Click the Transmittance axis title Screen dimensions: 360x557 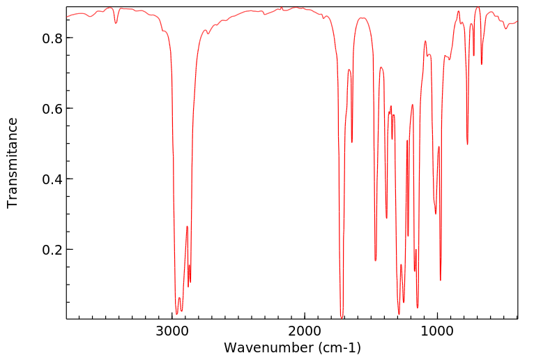tap(13, 163)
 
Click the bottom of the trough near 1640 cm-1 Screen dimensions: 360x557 tap(352, 142)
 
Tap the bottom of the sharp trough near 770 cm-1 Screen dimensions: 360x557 tap(468, 144)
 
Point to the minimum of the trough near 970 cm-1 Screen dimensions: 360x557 tap(441, 280)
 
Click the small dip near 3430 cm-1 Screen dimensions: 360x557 tap(116, 23)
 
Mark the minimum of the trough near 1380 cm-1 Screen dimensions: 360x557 tap(387, 218)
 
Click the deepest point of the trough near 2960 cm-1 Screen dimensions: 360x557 tap(177, 314)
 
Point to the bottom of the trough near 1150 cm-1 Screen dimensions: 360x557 tap(418, 308)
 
